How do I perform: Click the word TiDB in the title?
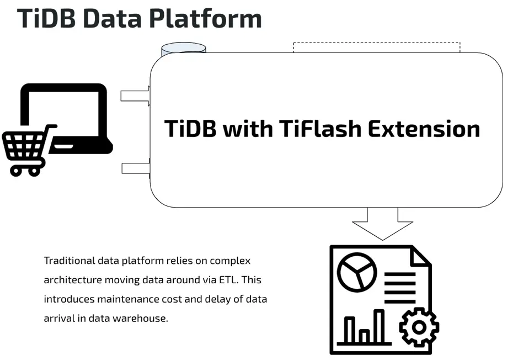(46, 18)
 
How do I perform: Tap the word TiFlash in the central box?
(314, 129)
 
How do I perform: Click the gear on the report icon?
(419, 327)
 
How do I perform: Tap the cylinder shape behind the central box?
(183, 48)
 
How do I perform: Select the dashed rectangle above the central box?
(376, 47)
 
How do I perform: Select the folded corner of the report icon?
(420, 257)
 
